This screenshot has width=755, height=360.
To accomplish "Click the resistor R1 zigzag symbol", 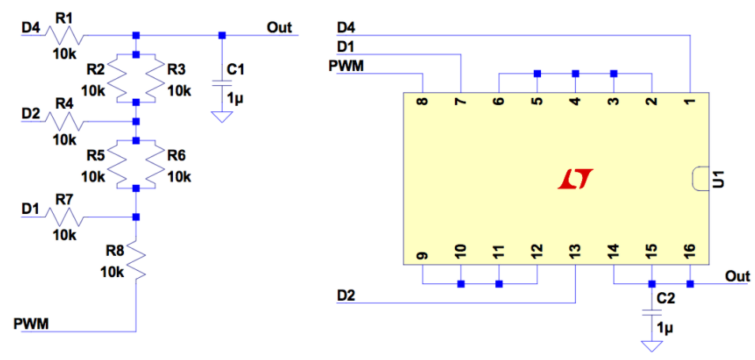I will point(63,36).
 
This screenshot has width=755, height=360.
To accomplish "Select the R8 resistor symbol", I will point(137,262).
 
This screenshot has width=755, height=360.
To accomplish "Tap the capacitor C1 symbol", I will point(222,83).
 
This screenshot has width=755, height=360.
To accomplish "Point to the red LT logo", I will point(575,180).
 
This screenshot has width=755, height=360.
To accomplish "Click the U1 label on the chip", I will point(718,179).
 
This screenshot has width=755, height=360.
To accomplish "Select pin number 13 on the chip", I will point(575,252).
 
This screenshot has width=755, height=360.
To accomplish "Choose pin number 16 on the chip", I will point(689,252).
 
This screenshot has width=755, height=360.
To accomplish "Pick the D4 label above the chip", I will point(346,28).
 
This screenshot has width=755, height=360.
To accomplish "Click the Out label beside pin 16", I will point(738,276).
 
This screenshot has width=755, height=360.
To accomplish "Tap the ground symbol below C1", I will point(222,117).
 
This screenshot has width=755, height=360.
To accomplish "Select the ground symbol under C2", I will point(652,346).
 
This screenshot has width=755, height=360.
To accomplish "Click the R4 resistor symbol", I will point(63,122).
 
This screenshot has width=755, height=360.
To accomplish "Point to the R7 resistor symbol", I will point(63,216).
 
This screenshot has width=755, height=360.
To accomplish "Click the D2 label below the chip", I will point(346,295).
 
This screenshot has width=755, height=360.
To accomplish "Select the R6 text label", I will point(177,156).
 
